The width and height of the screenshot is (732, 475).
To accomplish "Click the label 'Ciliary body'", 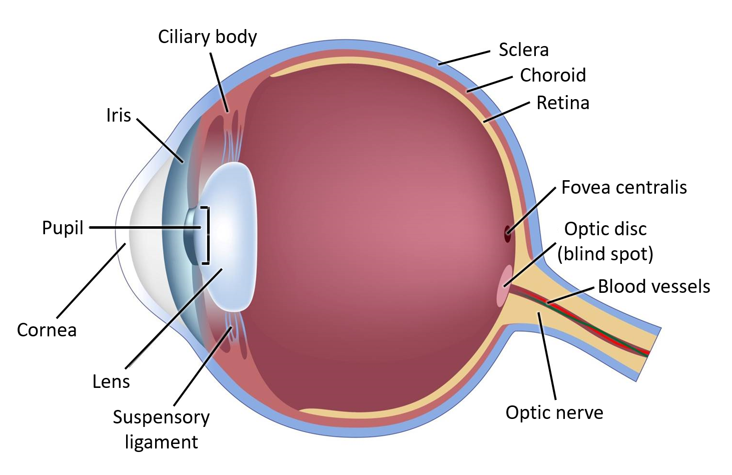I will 207,37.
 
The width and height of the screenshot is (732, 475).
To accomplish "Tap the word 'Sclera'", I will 523,50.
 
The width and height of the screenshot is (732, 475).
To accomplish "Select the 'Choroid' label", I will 552,75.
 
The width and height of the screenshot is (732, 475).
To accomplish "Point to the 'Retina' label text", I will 562,103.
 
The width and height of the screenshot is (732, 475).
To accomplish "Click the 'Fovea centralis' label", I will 623,187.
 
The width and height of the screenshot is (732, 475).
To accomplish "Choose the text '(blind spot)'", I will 605,254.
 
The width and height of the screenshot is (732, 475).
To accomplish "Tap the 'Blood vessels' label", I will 653,286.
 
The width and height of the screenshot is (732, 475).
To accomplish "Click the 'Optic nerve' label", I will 554,412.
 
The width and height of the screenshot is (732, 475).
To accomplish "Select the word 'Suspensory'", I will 161,417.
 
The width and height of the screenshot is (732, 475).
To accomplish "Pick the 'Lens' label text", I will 111,381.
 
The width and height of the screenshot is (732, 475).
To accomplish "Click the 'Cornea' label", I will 47,330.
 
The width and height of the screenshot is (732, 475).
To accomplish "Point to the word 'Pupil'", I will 63,228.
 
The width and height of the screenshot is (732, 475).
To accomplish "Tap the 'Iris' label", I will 119,115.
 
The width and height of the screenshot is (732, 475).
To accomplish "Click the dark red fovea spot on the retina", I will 507,234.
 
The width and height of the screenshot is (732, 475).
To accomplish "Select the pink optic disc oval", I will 503,286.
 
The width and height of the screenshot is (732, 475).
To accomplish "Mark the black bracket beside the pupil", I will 206,235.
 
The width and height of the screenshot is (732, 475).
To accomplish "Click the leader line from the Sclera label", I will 464,58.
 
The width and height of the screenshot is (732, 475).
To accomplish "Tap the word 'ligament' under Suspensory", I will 161,442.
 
